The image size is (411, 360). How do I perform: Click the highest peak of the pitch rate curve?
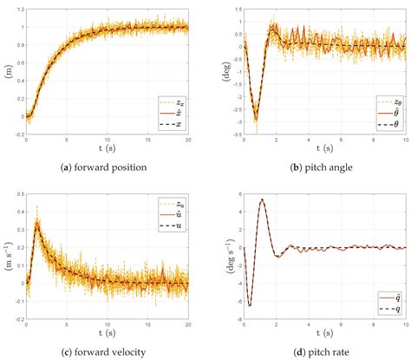(x=263, y=200)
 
